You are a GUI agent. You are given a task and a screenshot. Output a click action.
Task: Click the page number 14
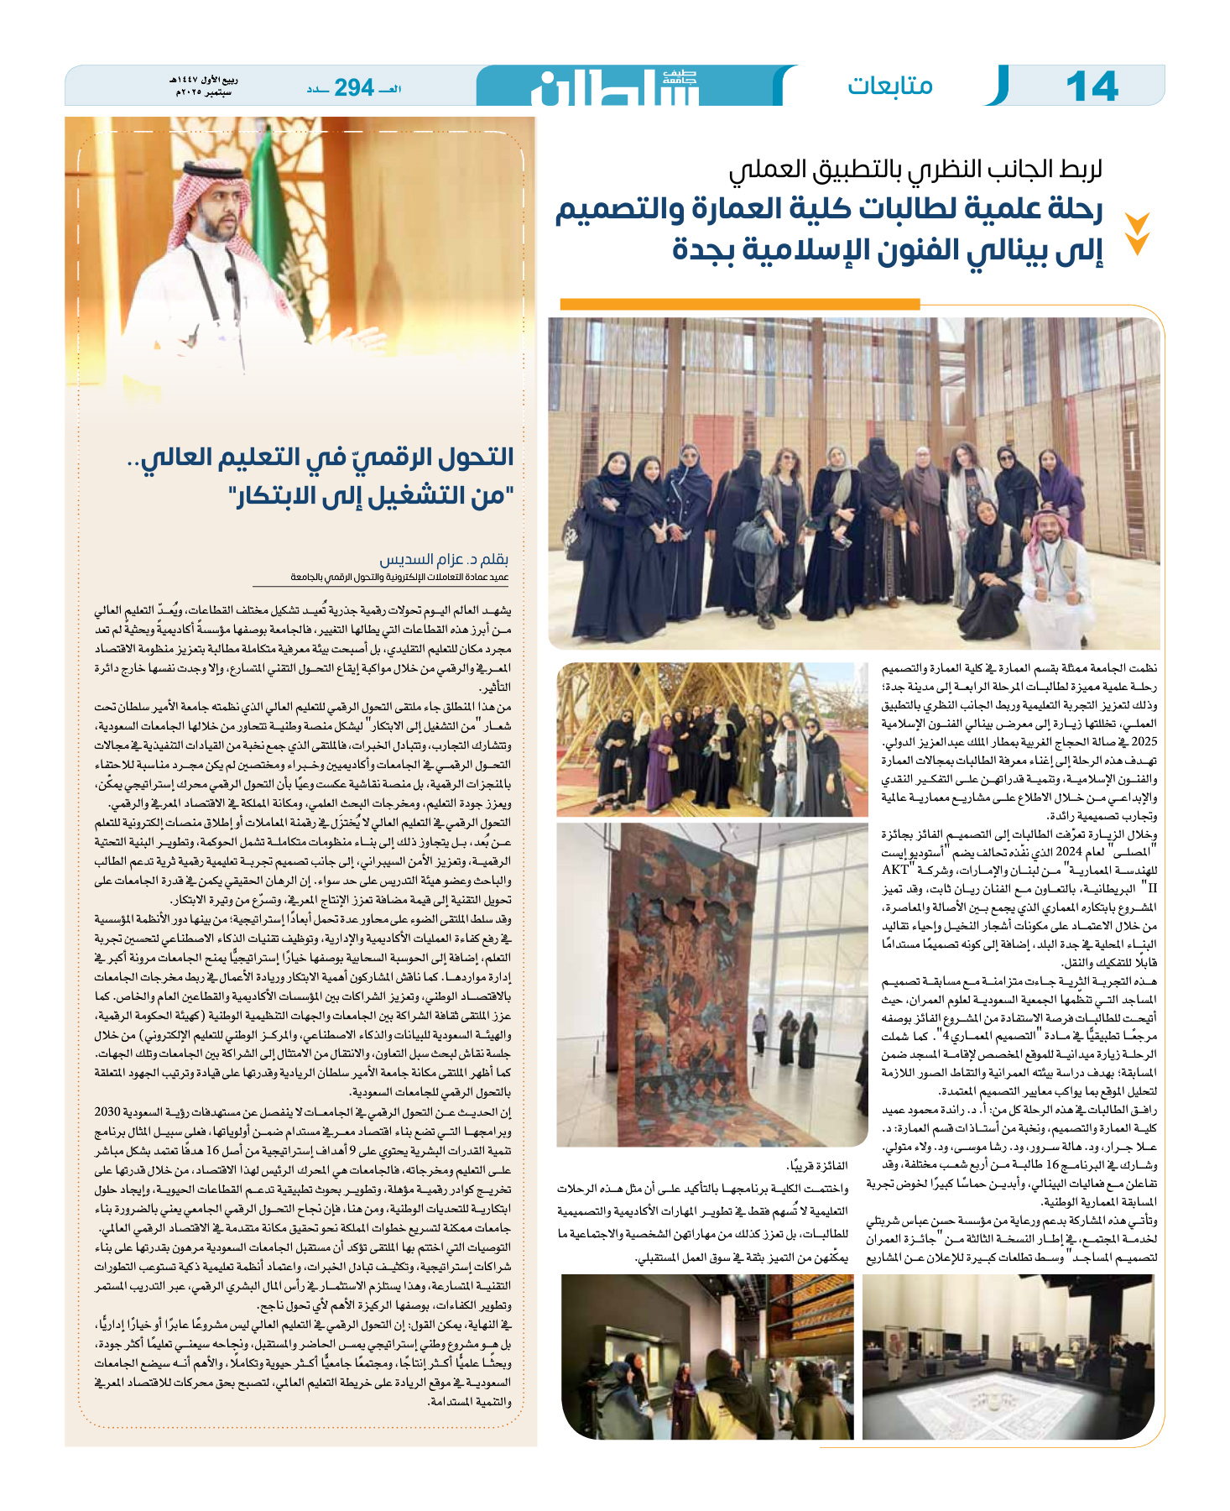[x=1092, y=86]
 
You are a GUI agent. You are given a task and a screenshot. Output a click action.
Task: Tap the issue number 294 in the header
[x=353, y=87]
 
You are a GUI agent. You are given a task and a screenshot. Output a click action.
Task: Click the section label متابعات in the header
[x=889, y=86]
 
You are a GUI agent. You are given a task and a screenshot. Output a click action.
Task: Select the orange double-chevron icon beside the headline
[x=1137, y=233]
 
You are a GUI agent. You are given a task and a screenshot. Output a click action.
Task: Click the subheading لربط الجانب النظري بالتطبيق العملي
[x=915, y=170]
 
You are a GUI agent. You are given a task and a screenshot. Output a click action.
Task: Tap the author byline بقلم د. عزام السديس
[x=444, y=559]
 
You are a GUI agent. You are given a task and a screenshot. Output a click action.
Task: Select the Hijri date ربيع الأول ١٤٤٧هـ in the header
[x=204, y=81]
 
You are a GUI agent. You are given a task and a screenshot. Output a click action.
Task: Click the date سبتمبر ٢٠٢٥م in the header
[x=204, y=92]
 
